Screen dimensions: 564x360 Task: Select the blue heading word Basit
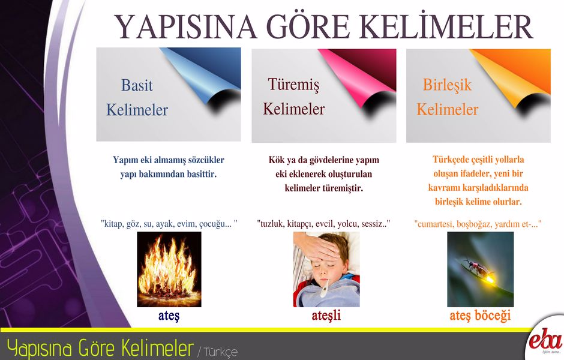(137, 85)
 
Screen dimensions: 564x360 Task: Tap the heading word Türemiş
(293, 85)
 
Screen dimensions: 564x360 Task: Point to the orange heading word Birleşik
(447, 85)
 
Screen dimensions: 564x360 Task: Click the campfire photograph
(169, 269)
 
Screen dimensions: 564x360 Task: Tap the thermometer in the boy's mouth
(325, 288)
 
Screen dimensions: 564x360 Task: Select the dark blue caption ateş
(169, 316)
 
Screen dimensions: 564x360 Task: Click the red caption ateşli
(326, 316)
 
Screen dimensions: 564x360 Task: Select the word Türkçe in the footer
(220, 352)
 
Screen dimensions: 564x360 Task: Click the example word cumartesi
(435, 224)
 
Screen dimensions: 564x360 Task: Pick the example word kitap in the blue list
(113, 224)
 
